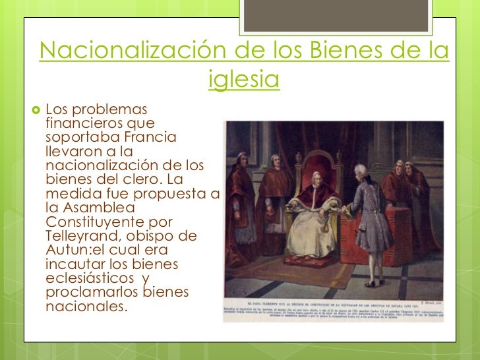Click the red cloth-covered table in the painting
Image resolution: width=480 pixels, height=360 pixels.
(394, 231)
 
